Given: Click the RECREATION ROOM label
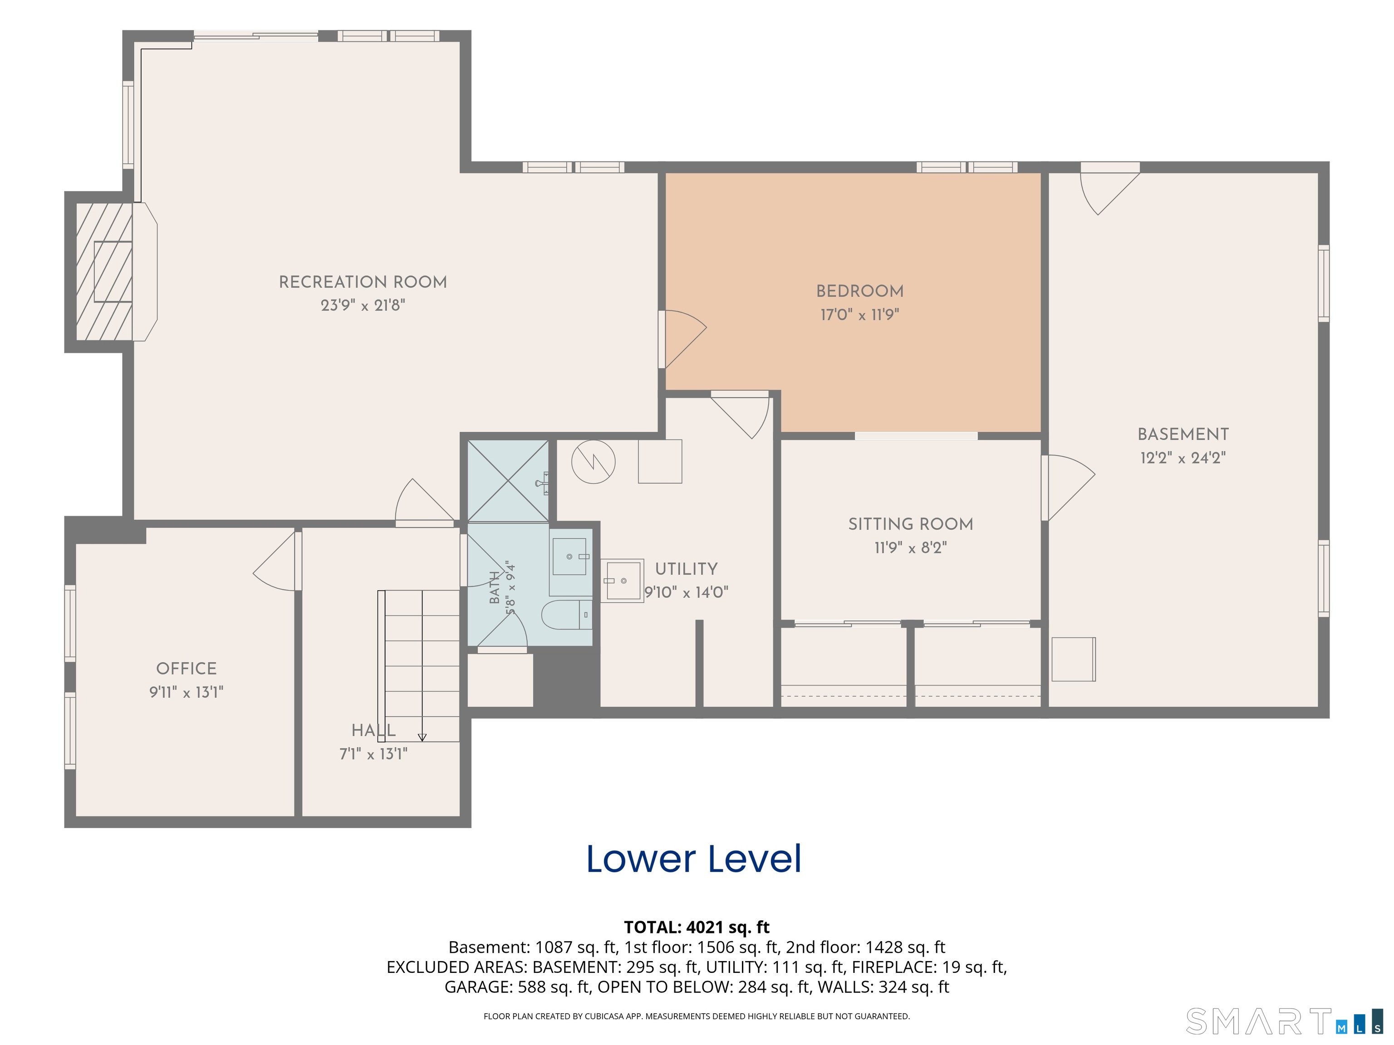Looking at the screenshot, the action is pos(363,282).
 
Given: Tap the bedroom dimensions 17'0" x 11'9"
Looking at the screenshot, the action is pos(859,314).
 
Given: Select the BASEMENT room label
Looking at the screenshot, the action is pos(1183,434).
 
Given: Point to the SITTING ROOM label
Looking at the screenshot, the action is pos(911,524).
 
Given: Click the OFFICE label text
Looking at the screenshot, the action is pos(187,669).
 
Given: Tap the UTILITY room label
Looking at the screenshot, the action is pos(686,569).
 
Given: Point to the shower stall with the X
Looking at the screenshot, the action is pos(508,481).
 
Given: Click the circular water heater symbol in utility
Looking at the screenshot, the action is pos(593,462).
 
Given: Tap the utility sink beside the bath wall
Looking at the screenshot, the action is pos(622,581).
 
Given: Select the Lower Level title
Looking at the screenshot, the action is pos(694,859).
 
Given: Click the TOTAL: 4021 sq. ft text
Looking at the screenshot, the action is pos(697,927).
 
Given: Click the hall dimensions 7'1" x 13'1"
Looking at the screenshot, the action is pos(374,754).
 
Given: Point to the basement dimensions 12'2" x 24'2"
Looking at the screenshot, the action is pos(1183,458).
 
